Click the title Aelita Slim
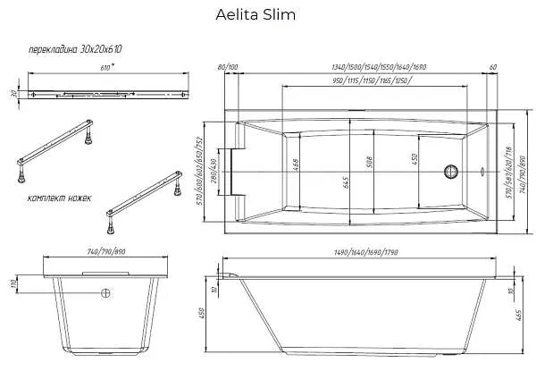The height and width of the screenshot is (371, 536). [x=255, y=15]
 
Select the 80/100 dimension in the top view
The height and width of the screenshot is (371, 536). [x=228, y=67]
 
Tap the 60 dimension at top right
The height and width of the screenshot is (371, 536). [x=493, y=67]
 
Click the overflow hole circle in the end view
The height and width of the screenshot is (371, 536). [x=105, y=293]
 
